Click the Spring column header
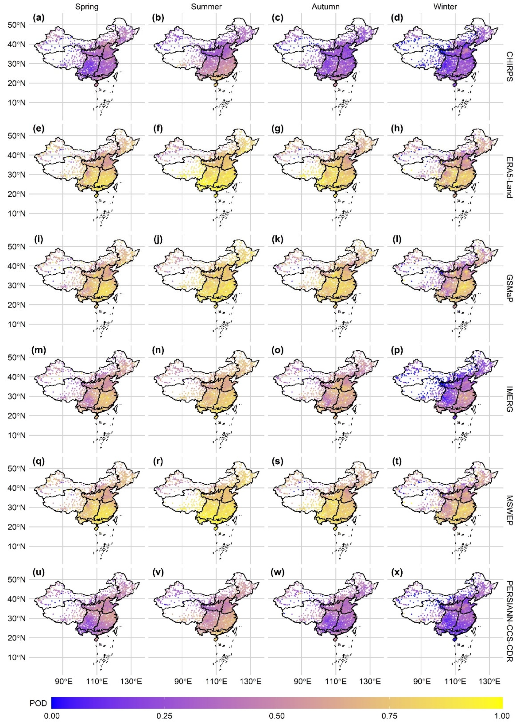[87, 7]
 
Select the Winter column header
[445, 7]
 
